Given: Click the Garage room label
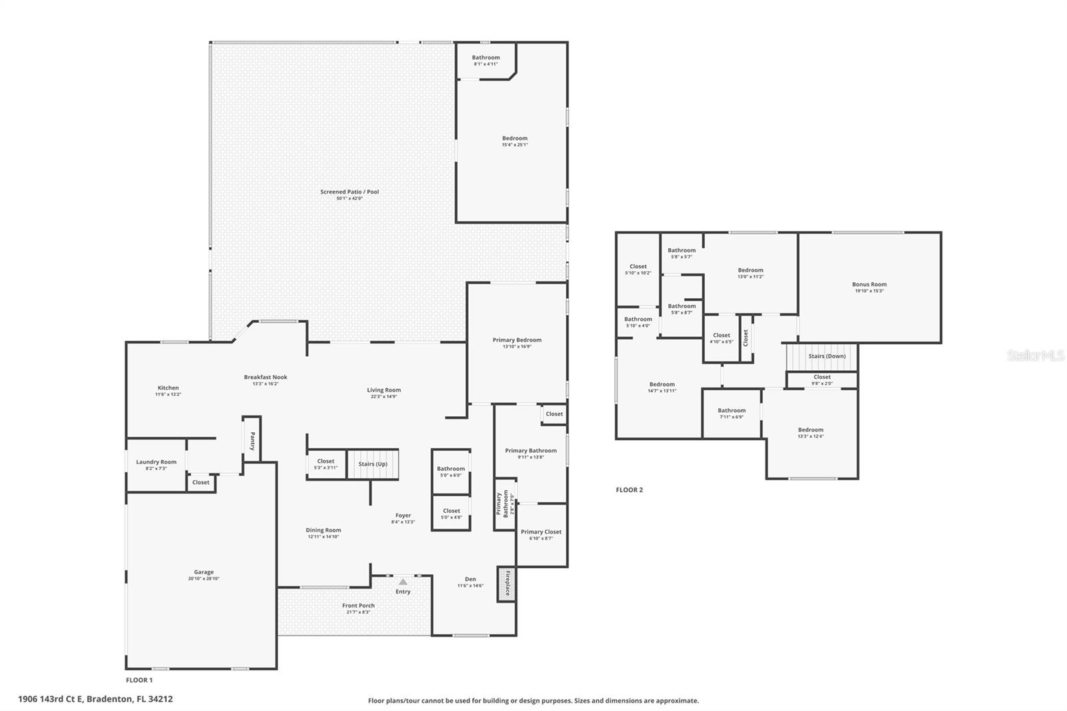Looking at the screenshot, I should (203, 572).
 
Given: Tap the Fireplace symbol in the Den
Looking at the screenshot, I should (506, 584).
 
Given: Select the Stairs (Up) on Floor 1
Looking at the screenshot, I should (373, 464).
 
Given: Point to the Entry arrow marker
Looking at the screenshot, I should (403, 582).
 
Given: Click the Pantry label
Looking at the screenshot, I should (252, 441).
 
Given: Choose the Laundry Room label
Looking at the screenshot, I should (156, 462).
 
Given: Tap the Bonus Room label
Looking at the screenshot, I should (869, 284).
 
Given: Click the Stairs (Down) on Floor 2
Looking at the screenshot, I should (827, 356).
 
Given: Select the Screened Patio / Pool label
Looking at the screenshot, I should (349, 192).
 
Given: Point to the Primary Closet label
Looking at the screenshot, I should (541, 532).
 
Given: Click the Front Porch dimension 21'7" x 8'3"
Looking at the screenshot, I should (359, 612).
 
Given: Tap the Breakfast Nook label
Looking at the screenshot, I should (265, 378).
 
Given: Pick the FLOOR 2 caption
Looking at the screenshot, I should (629, 490).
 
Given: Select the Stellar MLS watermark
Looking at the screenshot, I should (1035, 356).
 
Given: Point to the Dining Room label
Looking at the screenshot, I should (323, 530).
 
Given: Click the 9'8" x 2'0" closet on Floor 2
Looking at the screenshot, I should (822, 380).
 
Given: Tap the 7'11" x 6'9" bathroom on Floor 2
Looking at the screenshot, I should (732, 414).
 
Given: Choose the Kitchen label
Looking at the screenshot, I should (168, 388).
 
